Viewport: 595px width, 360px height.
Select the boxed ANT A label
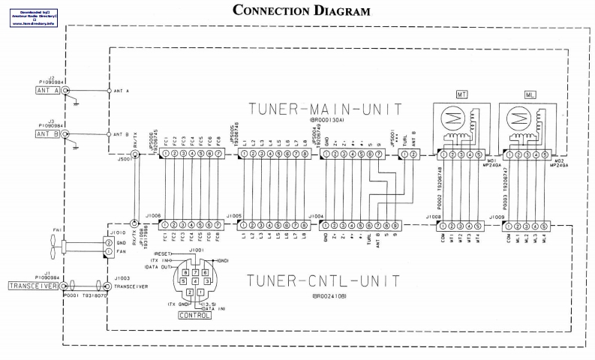pos(47,91)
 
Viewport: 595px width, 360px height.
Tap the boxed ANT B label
pos(47,133)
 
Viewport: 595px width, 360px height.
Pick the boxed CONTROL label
pos(193,315)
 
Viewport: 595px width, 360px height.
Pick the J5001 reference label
pos(125,158)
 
